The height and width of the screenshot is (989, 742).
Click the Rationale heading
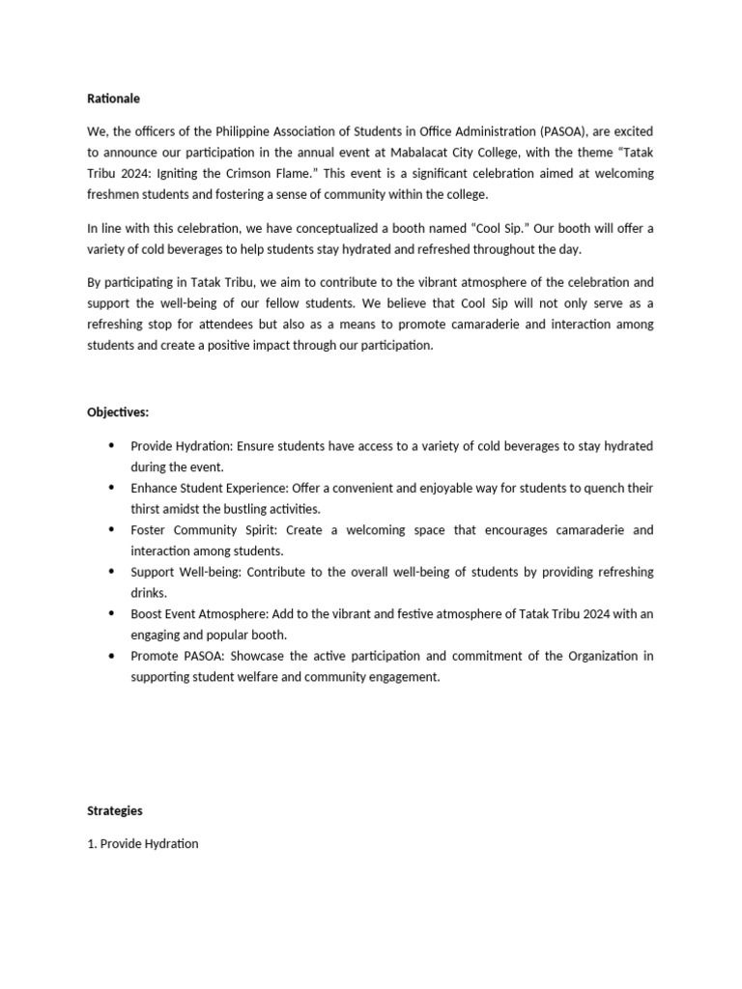[x=113, y=99]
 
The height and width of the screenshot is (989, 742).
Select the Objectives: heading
[x=118, y=412]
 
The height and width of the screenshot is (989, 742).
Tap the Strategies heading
[x=115, y=810]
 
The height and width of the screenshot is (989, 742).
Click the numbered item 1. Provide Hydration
[x=143, y=843]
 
